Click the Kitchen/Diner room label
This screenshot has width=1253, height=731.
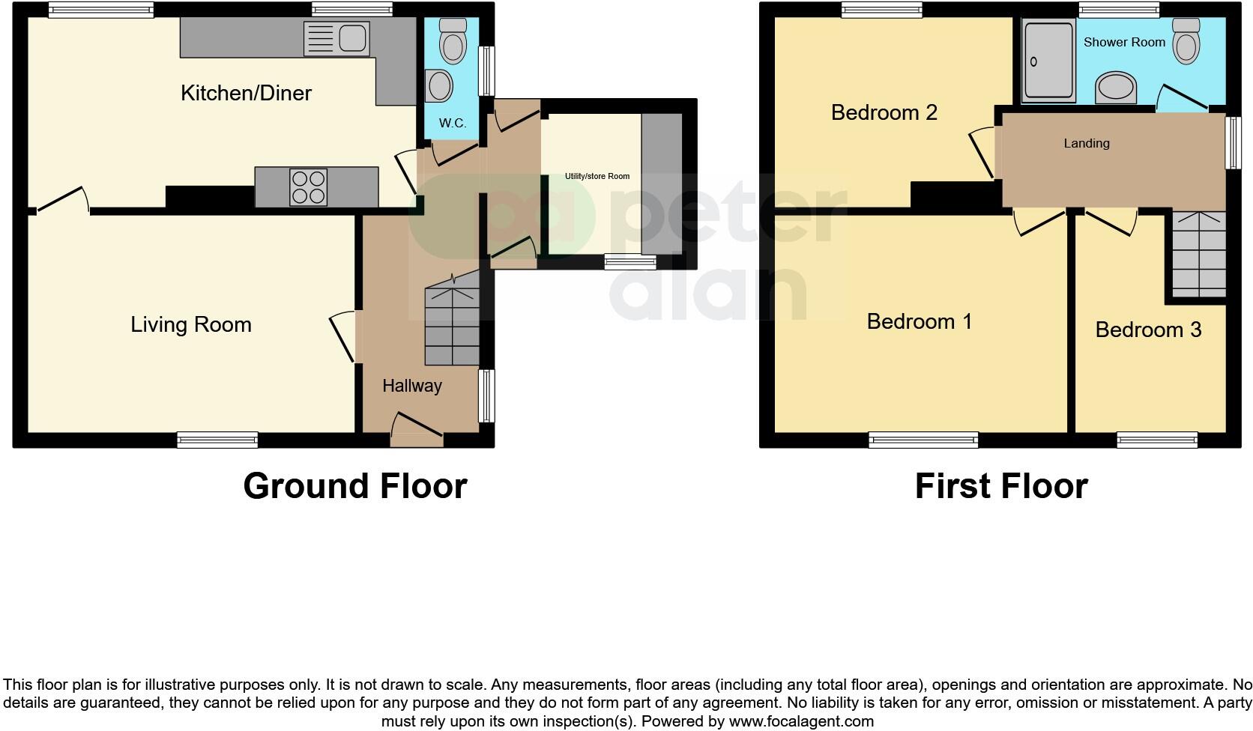(246, 93)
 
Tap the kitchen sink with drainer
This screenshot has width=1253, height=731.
(337, 39)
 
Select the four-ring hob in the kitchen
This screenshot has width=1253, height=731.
(309, 187)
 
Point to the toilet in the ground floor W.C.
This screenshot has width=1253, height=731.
(453, 41)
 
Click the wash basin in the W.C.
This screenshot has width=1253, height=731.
(438, 86)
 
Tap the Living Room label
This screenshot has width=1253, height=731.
(191, 324)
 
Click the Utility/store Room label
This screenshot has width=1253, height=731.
(597, 176)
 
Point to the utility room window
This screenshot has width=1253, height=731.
(630, 261)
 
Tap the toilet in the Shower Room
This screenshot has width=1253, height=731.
(1186, 40)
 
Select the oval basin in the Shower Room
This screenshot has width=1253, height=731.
(1116, 88)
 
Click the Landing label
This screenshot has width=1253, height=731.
(1086, 143)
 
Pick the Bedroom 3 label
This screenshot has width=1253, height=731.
(1148, 330)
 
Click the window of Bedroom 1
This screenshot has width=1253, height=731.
(923, 440)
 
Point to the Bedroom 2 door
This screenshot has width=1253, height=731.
(983, 153)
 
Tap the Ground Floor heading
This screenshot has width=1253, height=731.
(354, 486)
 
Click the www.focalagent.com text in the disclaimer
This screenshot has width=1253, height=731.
(801, 721)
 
